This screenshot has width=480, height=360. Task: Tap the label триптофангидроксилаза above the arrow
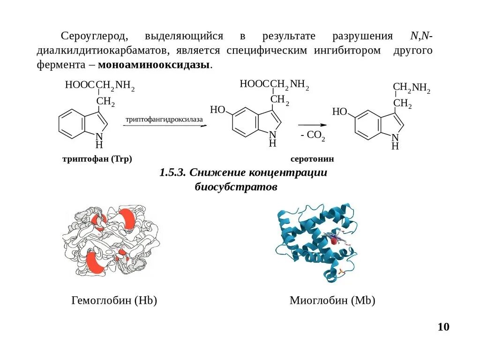coord(164,120)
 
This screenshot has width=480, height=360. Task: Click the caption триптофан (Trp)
coord(97,159)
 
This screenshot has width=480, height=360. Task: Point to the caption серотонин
coord(312,159)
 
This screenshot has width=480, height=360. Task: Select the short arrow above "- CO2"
coord(312,125)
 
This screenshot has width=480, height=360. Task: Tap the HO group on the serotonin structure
coord(339,112)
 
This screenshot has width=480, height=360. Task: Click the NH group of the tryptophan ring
coord(99,140)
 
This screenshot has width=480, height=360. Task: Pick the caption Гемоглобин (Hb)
coord(114,300)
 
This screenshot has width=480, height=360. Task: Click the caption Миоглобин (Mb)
coord(332,300)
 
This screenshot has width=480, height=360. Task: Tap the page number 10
coord(443,327)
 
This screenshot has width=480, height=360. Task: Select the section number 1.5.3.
coord(173,172)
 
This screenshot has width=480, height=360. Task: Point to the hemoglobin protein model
coord(111,242)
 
